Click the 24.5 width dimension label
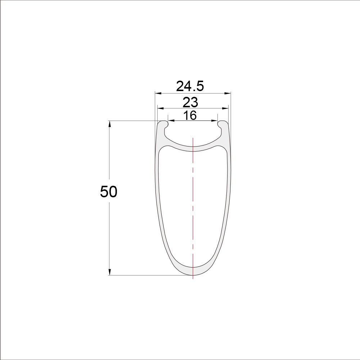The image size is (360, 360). [190, 86]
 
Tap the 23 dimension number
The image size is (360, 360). [190, 102]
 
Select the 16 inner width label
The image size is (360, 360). [190, 115]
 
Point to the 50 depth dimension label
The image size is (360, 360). [109, 192]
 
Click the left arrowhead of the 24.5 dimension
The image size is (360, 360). [158, 94]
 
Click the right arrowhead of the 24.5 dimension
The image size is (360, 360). [228, 94]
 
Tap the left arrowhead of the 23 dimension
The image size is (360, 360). [161, 108]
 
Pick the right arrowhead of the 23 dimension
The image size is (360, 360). [225, 108]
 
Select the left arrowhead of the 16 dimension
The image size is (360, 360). [171, 121]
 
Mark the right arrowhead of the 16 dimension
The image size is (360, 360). [214, 121]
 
